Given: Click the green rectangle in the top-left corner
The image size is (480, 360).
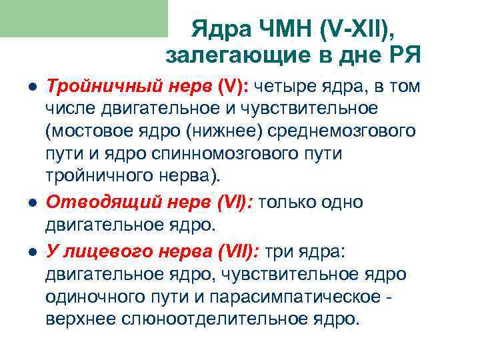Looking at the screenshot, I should pyautogui.click(x=83, y=18).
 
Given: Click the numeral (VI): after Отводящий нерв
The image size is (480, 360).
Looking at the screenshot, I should pyautogui.click(x=229, y=201).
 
